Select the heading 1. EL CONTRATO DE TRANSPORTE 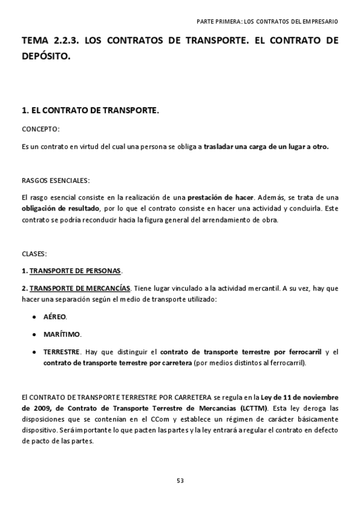coord(90,111)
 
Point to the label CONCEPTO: coord(40,129)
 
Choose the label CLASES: coord(34,254)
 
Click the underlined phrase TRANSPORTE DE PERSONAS coord(75,271)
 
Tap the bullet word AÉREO coord(55,317)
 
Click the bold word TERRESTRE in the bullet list coord(61,351)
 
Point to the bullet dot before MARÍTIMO coord(34,334)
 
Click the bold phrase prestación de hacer coord(221,197)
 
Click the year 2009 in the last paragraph coord(32,408)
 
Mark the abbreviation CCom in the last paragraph coord(175,419)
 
